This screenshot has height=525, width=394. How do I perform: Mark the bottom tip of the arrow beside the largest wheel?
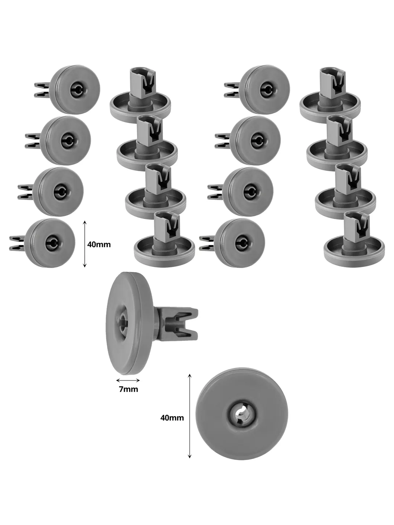(190, 458)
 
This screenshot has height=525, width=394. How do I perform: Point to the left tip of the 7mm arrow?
(116, 380)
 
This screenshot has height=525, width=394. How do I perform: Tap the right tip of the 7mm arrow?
(140, 380)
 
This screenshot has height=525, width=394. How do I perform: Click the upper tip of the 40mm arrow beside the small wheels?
(84, 221)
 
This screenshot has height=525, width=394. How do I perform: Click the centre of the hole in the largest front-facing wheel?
(242, 414)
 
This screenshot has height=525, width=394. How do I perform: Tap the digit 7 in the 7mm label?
(121, 389)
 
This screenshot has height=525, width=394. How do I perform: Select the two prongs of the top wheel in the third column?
(232, 89)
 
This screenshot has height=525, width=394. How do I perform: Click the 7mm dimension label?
(128, 389)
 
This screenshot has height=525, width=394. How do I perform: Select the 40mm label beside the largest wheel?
(172, 418)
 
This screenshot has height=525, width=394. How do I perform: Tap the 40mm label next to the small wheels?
(99, 244)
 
